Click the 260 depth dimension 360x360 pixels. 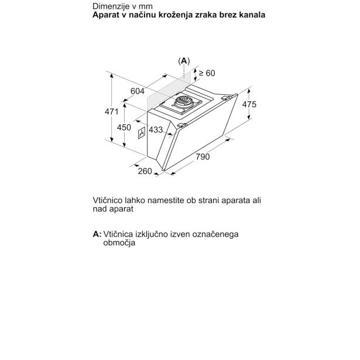(x=145, y=171)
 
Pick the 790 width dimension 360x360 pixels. (x=202, y=157)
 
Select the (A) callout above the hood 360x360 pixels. (x=184, y=60)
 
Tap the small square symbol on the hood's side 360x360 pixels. (x=140, y=134)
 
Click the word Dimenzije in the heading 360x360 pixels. (x=110, y=5)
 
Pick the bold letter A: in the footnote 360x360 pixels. (x=97, y=234)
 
